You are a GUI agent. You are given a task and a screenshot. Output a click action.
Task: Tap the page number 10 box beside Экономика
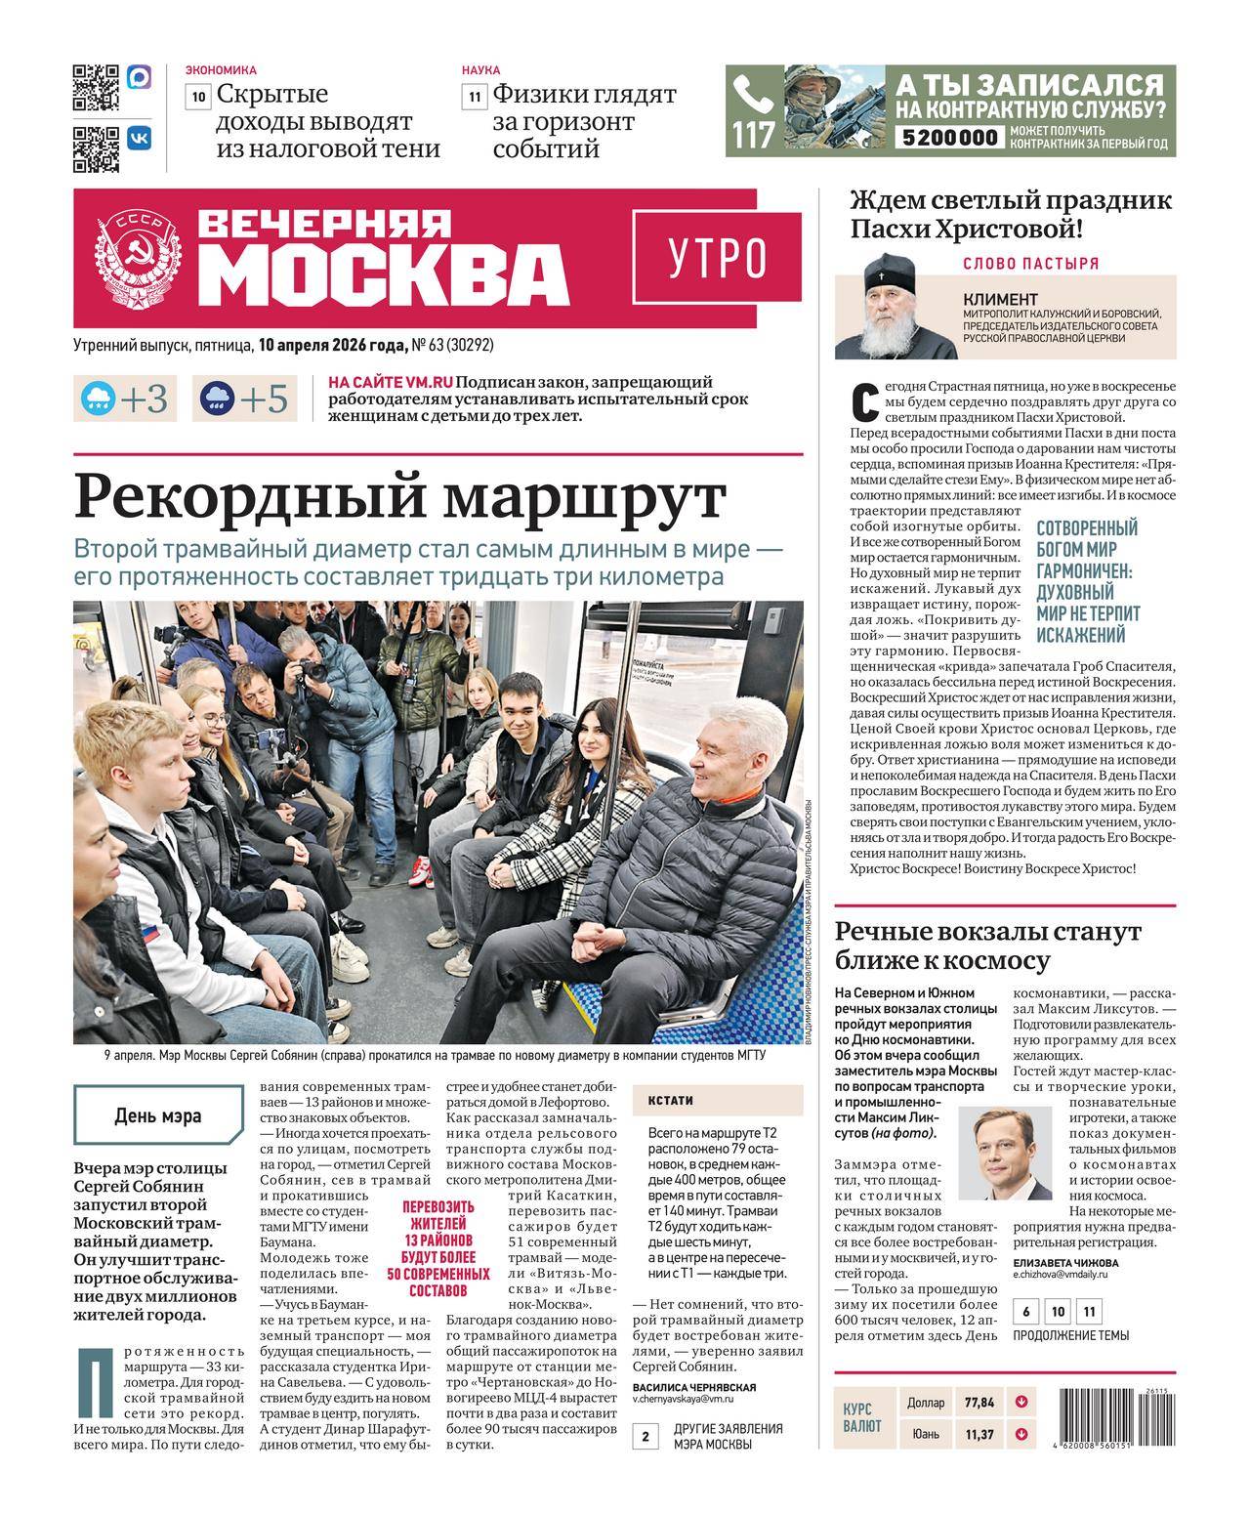[x=198, y=97]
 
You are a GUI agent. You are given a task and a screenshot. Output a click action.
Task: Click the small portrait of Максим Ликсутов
[x=1005, y=1153]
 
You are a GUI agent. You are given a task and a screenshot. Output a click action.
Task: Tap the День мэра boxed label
[x=158, y=1114]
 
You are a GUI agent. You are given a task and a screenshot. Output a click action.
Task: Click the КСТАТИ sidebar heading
[x=670, y=1100]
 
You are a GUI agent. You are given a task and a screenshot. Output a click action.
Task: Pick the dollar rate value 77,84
[x=979, y=1403]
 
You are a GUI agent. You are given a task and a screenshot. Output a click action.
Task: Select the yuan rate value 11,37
[x=979, y=1434]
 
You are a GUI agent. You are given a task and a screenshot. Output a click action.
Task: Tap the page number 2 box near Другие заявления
[x=646, y=1437]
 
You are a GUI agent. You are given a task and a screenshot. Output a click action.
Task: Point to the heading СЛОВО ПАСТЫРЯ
[x=1030, y=263]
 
